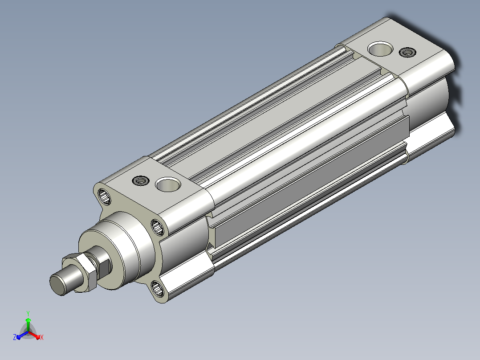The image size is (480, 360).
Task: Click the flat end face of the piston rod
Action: point(57,285)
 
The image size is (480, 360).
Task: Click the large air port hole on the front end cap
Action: point(168,184)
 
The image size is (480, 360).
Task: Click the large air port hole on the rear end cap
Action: point(380,49)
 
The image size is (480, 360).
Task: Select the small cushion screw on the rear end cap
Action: point(407,53)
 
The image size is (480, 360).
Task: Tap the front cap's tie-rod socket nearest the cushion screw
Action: point(104,196)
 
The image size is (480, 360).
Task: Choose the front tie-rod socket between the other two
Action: point(158,227)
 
